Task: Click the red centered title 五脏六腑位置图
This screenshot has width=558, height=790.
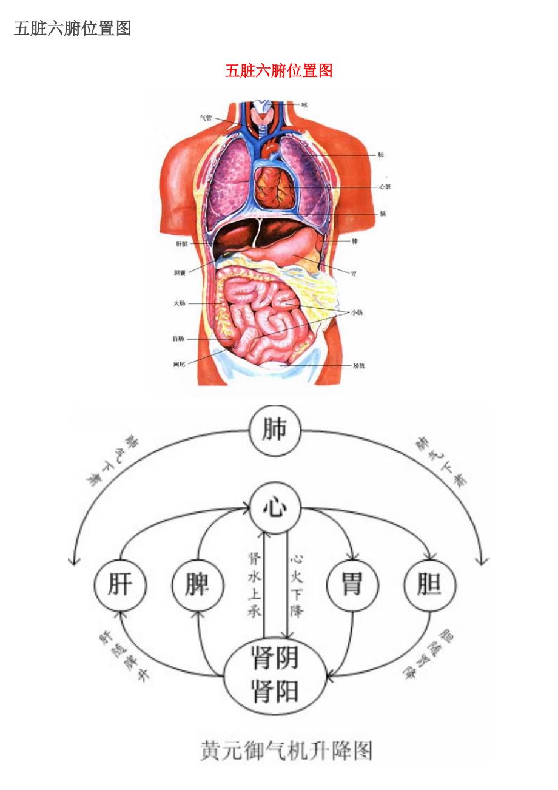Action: click(x=278, y=71)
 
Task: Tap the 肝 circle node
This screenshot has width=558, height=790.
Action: click(x=120, y=586)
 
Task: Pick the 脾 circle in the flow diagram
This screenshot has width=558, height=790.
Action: click(x=198, y=586)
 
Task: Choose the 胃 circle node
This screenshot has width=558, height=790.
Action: click(x=352, y=586)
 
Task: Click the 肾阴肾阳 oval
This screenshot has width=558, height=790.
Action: click(x=275, y=674)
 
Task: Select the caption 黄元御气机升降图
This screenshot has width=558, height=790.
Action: click(x=286, y=751)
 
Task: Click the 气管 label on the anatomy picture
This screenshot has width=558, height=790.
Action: click(x=206, y=118)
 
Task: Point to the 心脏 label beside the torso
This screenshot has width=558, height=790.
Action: click(x=385, y=187)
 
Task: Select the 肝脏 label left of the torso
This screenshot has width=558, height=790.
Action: click(x=181, y=245)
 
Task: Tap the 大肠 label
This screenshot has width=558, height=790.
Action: click(x=179, y=303)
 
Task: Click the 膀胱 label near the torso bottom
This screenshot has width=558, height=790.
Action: click(x=358, y=366)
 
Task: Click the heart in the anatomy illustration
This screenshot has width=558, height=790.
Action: click(x=272, y=186)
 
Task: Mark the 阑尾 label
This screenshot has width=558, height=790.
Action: click(x=179, y=364)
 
